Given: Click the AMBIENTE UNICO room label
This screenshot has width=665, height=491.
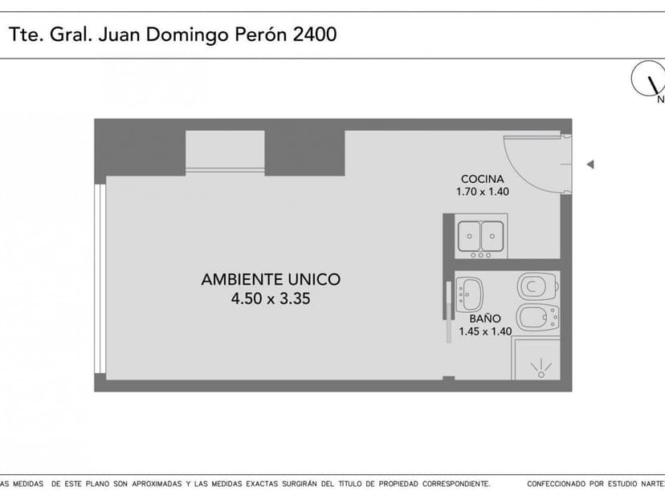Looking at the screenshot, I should pos(270,280).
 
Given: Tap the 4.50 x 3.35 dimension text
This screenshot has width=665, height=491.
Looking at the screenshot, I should pos(270,299).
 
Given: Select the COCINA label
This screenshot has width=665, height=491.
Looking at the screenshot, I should pos(482,179).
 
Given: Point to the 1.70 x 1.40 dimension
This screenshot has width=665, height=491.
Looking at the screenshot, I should pos(482,192).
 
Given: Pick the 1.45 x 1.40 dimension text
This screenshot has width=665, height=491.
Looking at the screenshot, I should pos(484,331).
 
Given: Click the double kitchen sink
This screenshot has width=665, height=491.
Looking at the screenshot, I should pos(479,237).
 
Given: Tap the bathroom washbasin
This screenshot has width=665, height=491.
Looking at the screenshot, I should pos(469,294).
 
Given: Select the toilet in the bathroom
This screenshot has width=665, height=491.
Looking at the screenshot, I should pos(537,286).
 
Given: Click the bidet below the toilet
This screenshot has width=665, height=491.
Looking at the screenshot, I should pos(536,318).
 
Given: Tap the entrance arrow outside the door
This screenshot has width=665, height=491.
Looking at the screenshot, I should pos(590,164).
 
